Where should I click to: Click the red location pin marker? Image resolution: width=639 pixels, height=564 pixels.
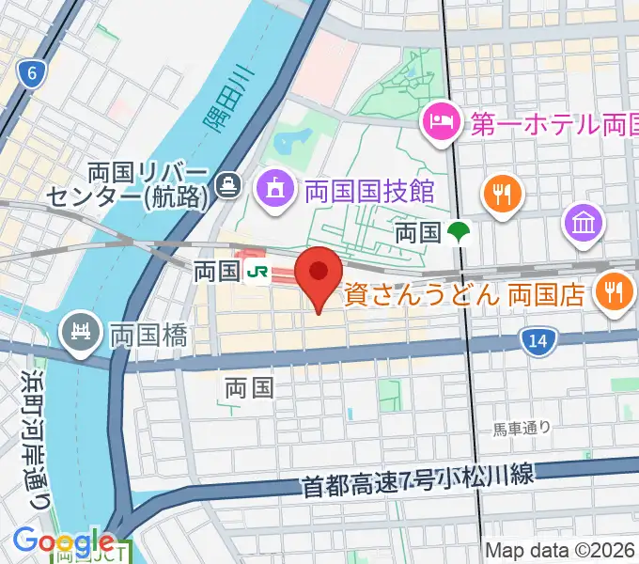tap(319, 275)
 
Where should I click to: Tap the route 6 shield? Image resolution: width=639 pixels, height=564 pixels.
tap(34, 74)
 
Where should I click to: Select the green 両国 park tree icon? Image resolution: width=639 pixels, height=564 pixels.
tap(460, 231)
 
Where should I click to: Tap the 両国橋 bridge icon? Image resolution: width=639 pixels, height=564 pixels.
tap(80, 332)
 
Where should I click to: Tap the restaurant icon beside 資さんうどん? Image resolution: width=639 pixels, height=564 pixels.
tap(615, 291)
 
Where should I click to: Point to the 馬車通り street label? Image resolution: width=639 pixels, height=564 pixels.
tap(522, 429)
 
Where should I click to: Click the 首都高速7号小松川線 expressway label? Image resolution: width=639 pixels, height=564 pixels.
tap(418, 480)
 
